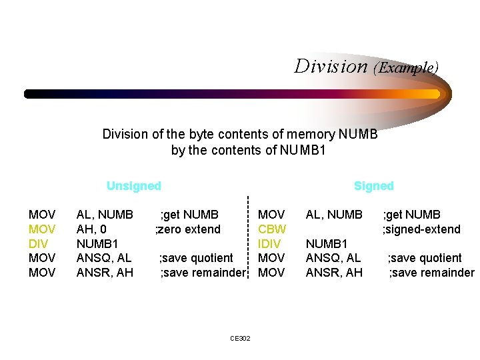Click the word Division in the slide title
tap(331, 67)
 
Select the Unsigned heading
tap(133, 186)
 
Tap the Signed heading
tap(373, 186)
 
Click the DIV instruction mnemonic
tap(38, 243)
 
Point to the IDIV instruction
tap(269, 243)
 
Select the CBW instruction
tap(272, 229)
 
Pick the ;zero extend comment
tap(187, 229)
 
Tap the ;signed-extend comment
tap(421, 229)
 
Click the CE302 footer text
tap(240, 339)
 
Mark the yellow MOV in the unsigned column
tap(42, 229)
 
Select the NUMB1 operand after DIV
tap(97, 243)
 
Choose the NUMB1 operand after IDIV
tap(327, 243)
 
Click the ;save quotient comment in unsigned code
tap(196, 258)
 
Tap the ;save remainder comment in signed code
tap(431, 272)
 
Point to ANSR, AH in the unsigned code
tap(105, 272)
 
